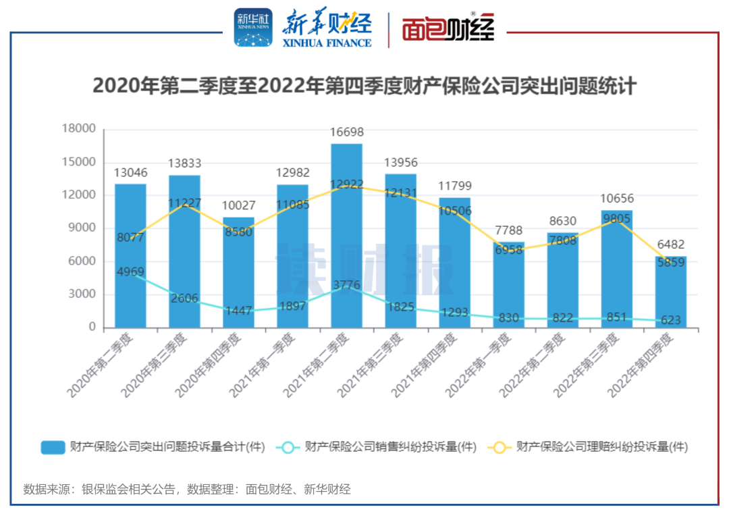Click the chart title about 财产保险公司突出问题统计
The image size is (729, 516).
pos(364,86)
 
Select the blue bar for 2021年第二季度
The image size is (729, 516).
pos(346,236)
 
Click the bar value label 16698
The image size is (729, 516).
pos(346,132)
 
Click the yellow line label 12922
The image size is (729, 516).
pos(346,184)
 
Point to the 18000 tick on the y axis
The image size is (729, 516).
pos(79,129)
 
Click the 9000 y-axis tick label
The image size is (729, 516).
pos(82,228)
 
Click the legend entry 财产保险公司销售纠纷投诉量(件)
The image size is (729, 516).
pos(390,447)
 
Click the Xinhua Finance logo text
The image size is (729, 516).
pos(327,28)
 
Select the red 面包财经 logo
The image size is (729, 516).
pos(448,28)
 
